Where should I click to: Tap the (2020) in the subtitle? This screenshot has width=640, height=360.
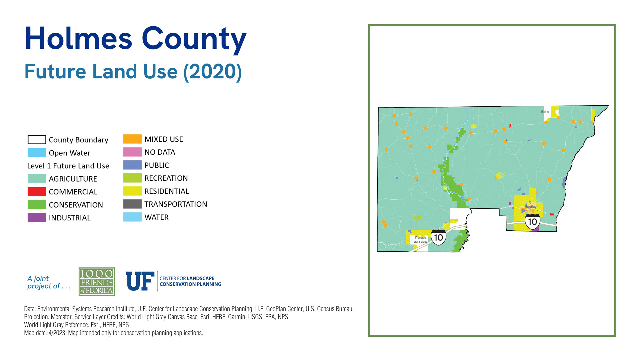point(213,72)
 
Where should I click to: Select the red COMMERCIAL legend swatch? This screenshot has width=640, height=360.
point(37,192)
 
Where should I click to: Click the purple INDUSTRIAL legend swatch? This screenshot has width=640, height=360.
point(37,218)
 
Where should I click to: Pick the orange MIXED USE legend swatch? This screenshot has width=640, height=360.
point(132,139)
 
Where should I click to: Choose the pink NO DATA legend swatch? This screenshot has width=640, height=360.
point(132,152)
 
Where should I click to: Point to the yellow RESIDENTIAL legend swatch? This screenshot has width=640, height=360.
point(132,191)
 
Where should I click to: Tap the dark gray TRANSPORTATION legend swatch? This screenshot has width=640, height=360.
point(132,204)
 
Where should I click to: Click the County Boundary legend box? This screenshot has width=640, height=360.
point(37,139)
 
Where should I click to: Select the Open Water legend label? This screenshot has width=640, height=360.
point(69,153)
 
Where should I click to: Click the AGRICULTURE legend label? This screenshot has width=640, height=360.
point(73,179)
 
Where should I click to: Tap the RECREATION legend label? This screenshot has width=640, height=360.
point(166,178)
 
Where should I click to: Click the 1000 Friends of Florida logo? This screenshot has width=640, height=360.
point(97,282)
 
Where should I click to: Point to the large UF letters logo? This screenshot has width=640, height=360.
point(140,281)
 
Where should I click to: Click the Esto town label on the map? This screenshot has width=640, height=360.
point(545,112)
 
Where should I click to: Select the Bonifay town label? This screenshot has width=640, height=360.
point(531,207)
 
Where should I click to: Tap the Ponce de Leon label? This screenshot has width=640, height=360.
point(421,240)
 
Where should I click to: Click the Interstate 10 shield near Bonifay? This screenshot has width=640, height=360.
point(532,221)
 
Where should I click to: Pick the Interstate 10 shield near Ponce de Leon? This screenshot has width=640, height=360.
point(438,237)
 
